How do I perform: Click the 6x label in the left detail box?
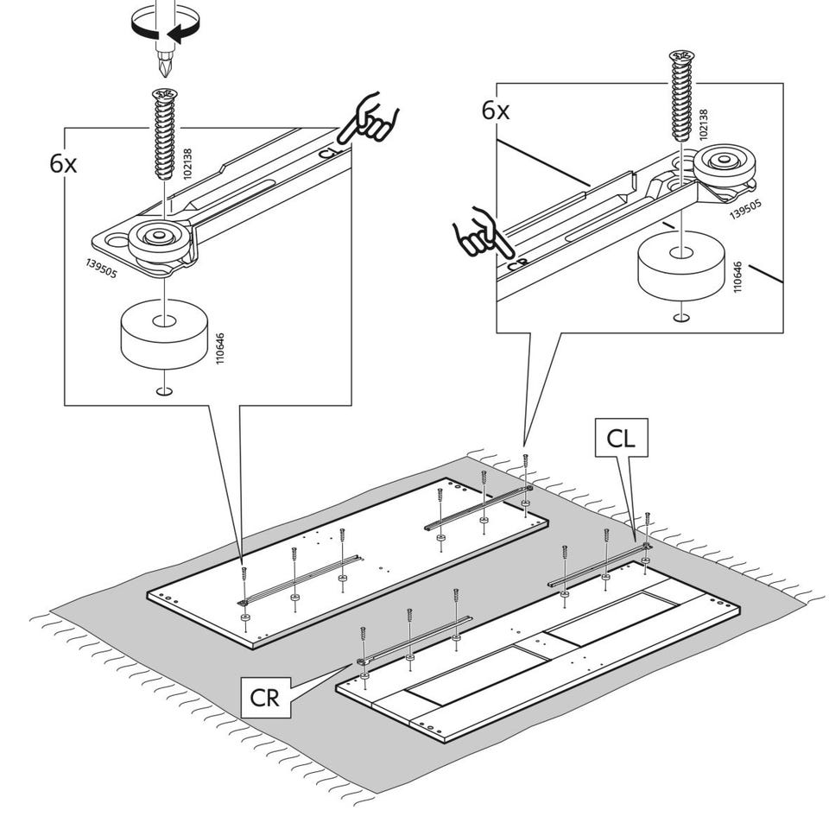point(63,164)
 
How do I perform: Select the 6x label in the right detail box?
point(496,111)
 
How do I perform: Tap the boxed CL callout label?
point(621,439)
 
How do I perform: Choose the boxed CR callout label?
point(265,698)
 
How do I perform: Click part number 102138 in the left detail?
point(187,164)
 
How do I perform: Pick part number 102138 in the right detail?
point(703,124)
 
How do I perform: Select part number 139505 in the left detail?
point(102,269)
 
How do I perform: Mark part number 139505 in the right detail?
point(745,208)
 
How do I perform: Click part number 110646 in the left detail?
point(220,348)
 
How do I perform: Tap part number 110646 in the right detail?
point(737,276)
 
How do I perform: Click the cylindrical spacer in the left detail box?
point(164,334)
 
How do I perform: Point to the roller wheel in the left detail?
point(159,241)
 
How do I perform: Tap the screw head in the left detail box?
point(165,94)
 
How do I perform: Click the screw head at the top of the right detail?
point(681,55)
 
